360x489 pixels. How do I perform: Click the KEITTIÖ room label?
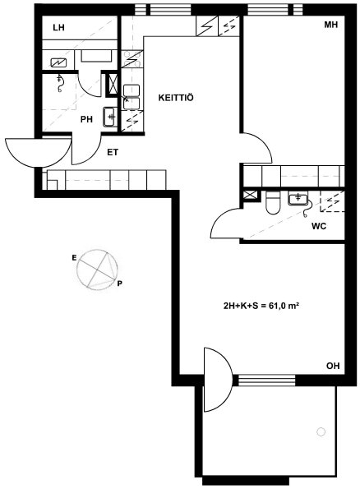tap(176, 98)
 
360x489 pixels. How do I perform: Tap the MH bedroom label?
tap(331, 25)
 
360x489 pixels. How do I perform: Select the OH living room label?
tap(333, 366)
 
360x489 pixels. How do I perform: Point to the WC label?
tap(319, 226)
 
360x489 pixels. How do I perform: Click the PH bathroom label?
tap(86, 119)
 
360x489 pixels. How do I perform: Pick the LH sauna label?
tap(58, 28)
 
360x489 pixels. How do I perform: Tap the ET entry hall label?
tap(113, 153)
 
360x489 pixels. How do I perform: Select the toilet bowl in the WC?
tap(273, 203)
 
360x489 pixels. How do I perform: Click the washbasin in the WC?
tap(298, 199)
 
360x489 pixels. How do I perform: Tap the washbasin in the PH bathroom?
tap(110, 117)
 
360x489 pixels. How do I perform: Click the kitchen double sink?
tap(132, 97)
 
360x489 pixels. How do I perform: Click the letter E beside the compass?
tap(74, 257)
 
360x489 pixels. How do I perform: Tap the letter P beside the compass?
tap(120, 284)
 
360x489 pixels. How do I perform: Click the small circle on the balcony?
tap(321, 432)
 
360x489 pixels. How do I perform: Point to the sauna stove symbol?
tap(59, 63)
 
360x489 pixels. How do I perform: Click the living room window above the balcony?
tap(267, 380)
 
